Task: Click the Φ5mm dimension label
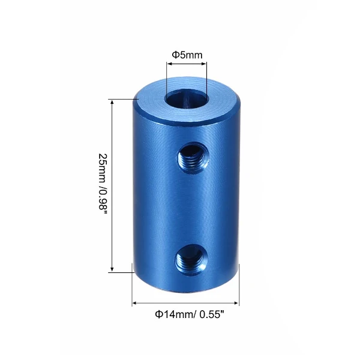(187, 55)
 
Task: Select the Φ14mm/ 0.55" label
(190, 314)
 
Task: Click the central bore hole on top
(187, 100)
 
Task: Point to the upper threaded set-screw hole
(193, 158)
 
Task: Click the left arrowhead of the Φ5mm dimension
(169, 64)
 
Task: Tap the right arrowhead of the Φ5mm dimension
(204, 64)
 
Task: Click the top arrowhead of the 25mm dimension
(112, 103)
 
